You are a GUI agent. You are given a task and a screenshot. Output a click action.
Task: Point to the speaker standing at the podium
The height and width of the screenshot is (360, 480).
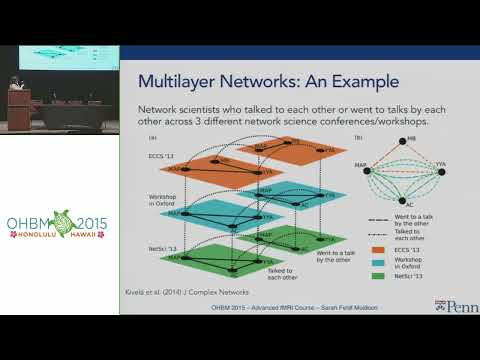12,87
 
